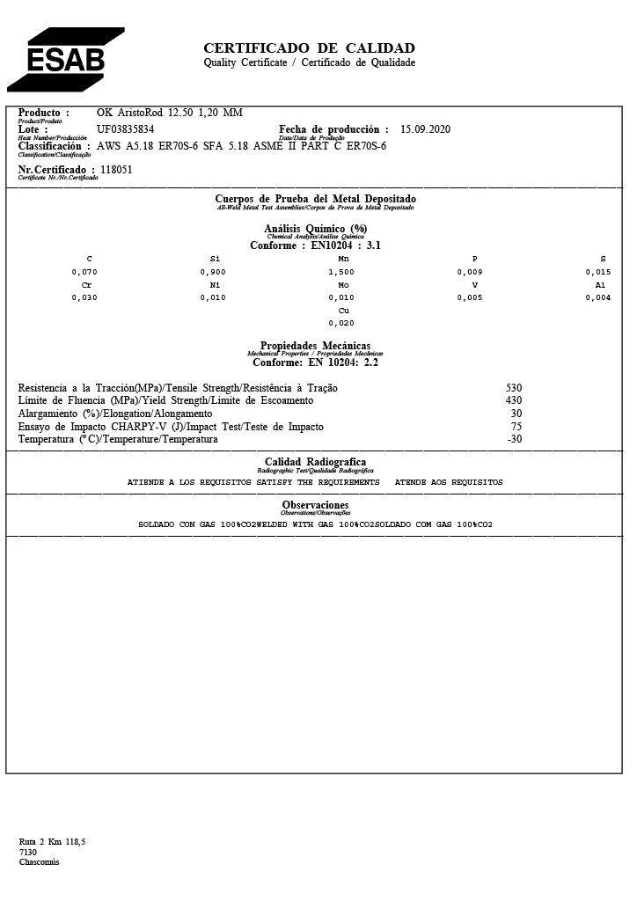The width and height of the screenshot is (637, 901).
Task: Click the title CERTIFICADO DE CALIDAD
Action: click(309, 48)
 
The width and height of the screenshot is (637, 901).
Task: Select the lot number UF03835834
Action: click(125, 129)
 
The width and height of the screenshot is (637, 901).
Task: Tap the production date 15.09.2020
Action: click(425, 129)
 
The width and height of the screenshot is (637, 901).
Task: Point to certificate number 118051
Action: click(116, 170)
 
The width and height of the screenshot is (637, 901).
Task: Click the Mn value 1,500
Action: click(341, 273)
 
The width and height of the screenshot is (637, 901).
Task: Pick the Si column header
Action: click(215, 260)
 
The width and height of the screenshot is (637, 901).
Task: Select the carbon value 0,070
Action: click(84, 273)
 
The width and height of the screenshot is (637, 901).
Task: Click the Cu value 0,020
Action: click(341, 323)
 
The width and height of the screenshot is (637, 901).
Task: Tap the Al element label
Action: click(601, 285)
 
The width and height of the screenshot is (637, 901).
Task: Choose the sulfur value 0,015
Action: click(597, 273)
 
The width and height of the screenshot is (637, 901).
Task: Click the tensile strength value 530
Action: click(514, 388)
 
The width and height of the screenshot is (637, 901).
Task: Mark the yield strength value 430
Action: click(514, 400)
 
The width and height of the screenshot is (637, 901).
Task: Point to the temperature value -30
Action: click(515, 439)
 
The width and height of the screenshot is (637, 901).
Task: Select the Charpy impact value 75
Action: click(516, 427)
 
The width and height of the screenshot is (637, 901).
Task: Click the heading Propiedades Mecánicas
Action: click(315, 346)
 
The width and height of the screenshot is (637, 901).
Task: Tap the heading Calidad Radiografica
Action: click(315, 462)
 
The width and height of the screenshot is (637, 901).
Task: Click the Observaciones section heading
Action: click(315, 505)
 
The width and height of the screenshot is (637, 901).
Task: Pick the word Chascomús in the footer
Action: click(39, 862)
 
